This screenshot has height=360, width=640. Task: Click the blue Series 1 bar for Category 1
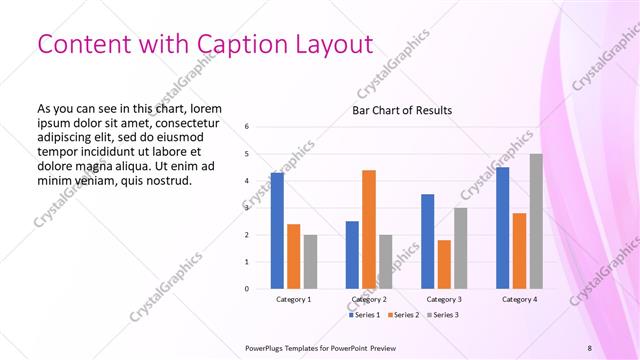[277, 231]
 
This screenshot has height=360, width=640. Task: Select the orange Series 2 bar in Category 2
[369, 229]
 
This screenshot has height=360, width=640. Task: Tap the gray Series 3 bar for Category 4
[536, 221]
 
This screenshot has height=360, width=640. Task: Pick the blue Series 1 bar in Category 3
[427, 241]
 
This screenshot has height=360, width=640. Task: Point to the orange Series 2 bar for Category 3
[444, 264]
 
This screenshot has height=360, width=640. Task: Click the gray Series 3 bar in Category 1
[310, 262]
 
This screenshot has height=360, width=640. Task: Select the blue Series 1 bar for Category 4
[502, 228]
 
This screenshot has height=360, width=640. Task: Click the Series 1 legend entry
[362, 315]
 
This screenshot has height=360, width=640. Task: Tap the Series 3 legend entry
[443, 315]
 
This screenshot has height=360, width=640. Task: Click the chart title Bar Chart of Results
[402, 110]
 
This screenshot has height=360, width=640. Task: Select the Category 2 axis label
[369, 299]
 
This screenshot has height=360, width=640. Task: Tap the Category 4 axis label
[519, 299]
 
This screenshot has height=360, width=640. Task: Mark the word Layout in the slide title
[332, 44]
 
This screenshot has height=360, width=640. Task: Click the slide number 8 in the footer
[589, 347]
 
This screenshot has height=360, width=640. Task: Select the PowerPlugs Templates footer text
[320, 347]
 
